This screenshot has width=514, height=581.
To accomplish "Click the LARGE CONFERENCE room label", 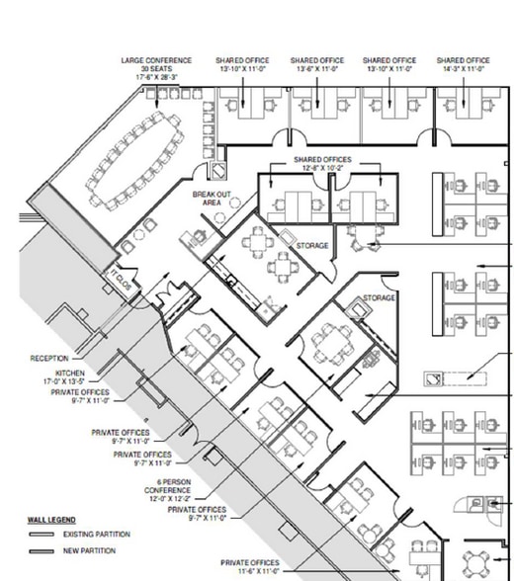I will coord(155,60).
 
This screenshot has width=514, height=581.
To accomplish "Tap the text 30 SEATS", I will coord(155,68).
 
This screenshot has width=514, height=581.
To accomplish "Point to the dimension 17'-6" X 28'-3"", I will coord(155,76).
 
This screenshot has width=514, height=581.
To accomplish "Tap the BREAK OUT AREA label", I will coord(212,199).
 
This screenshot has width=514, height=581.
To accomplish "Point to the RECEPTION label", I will coord(49,359).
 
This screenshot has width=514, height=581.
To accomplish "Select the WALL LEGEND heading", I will coord(51,519).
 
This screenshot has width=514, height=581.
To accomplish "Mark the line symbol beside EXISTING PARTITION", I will coord(43,535).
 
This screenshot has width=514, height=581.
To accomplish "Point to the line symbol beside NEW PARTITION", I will coord(43,551).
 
